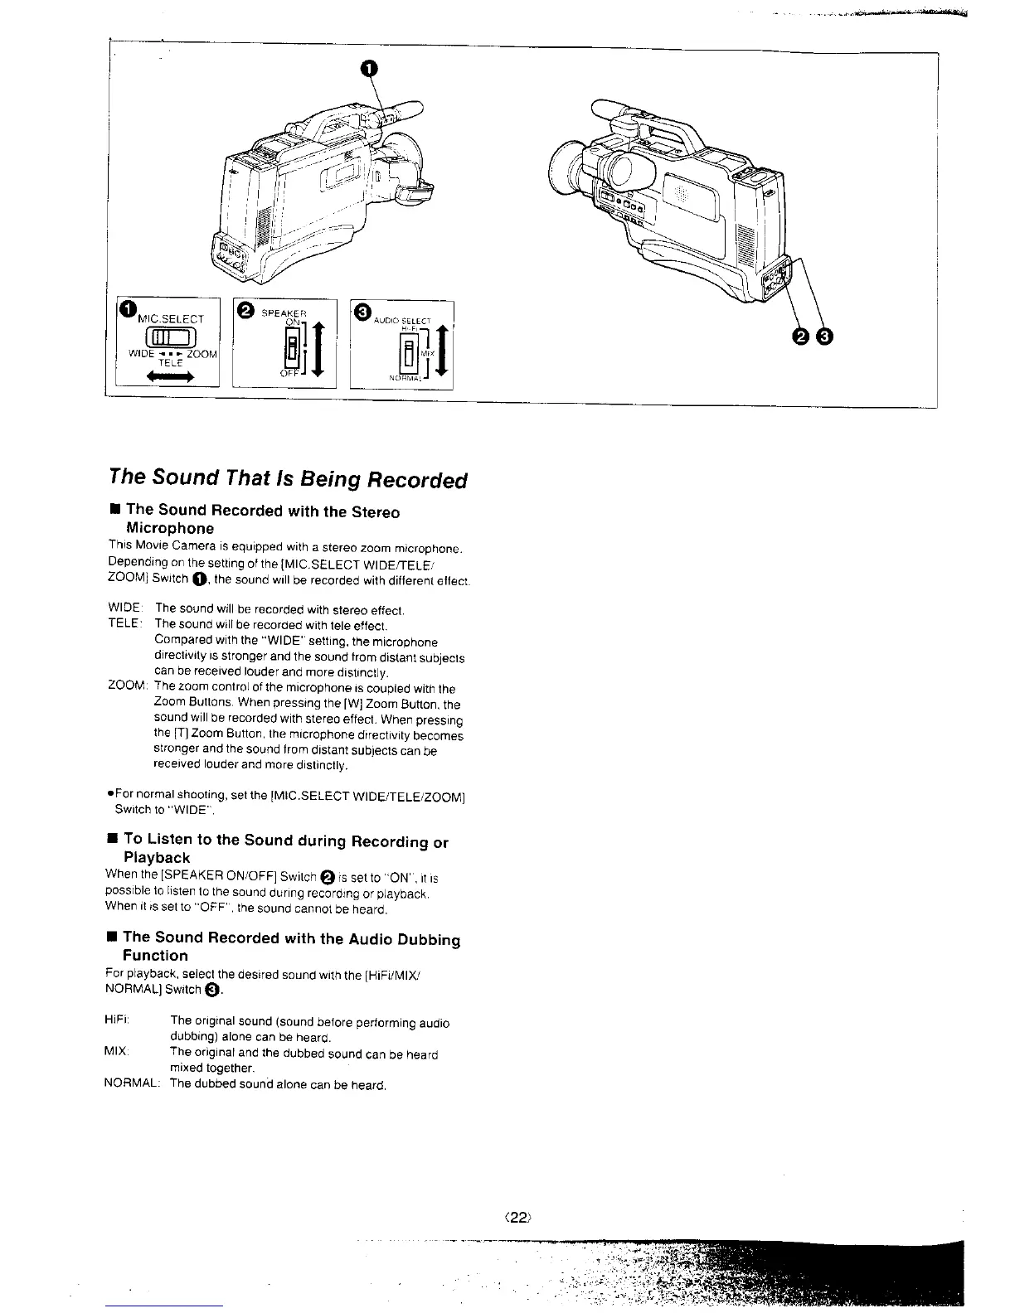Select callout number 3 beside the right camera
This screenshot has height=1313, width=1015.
click(825, 336)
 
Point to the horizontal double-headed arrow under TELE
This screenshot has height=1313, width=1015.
click(169, 377)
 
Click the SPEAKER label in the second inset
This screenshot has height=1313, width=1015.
click(283, 313)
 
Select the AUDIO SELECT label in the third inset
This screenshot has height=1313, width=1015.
click(402, 320)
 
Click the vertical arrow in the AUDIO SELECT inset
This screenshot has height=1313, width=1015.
click(444, 353)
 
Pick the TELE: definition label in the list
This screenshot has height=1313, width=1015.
click(127, 623)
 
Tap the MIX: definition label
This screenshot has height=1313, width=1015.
click(117, 1053)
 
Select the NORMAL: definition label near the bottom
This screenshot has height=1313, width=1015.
click(133, 1084)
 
